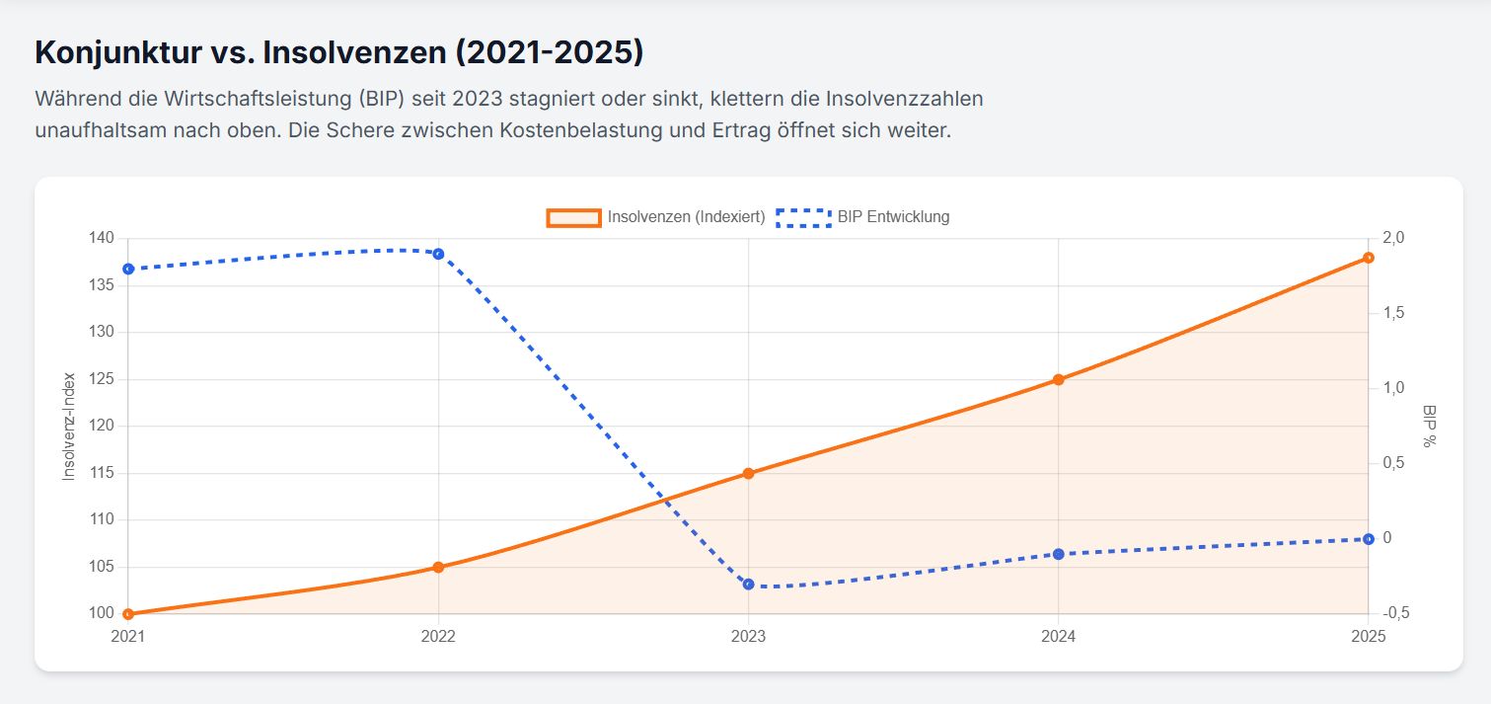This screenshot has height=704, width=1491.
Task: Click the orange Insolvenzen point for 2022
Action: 438,567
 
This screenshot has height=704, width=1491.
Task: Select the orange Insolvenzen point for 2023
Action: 748,473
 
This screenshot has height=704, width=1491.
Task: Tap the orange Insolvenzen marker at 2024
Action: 1058,379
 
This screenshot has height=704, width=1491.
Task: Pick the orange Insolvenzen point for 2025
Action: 1368,258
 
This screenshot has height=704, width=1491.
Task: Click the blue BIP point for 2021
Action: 128,269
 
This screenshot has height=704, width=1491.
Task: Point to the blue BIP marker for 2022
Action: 438,254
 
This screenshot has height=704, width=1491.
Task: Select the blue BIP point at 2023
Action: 748,584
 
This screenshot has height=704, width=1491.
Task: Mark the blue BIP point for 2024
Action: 1058,554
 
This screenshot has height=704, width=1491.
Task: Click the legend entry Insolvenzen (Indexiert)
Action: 656,217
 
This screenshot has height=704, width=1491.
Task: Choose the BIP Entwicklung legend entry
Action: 863,217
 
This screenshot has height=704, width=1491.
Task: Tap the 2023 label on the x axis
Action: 748,638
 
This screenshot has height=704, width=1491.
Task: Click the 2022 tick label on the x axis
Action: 438,638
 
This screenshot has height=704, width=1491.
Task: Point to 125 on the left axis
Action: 103,379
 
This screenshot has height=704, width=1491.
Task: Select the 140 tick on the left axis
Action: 103,238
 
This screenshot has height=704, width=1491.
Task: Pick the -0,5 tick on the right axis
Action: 1396,613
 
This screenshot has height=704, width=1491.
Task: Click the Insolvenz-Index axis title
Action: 69,427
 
